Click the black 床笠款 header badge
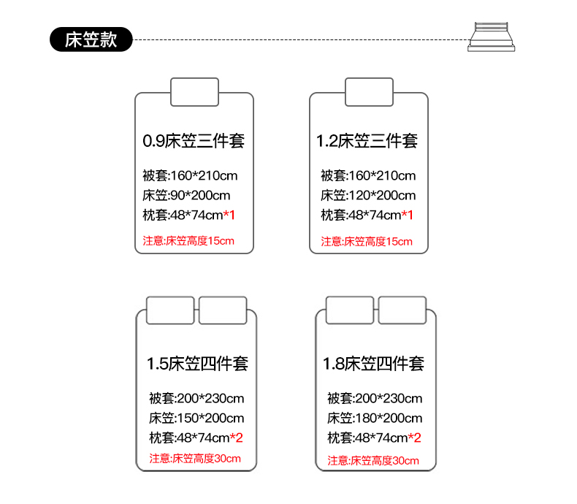tap(91, 39)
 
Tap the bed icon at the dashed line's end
tap(492, 37)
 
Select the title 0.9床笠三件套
tap(194, 141)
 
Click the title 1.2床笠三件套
tap(367, 141)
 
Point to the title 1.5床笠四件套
tap(198, 364)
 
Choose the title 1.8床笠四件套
tap(373, 364)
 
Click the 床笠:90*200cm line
tap(186, 195)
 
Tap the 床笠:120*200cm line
tap(368, 195)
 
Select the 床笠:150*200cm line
tap(196, 419)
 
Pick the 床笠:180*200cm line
tap(375, 419)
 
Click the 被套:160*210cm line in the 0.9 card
tap(190, 176)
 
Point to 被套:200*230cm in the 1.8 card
tap(375, 398)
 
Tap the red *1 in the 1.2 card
tap(408, 215)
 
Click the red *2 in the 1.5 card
tap(236, 438)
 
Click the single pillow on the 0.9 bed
tap(195, 92)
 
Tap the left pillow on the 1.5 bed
tap(170, 310)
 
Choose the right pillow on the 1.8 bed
tap(402, 310)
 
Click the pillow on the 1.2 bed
tap(369, 92)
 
